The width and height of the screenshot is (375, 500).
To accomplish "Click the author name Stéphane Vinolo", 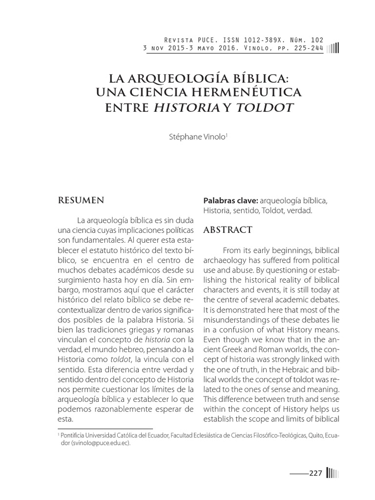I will click(196, 137).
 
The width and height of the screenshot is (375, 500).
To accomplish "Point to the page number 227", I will click(315, 473).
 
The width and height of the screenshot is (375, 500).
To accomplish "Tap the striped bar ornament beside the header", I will click(333, 48).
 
